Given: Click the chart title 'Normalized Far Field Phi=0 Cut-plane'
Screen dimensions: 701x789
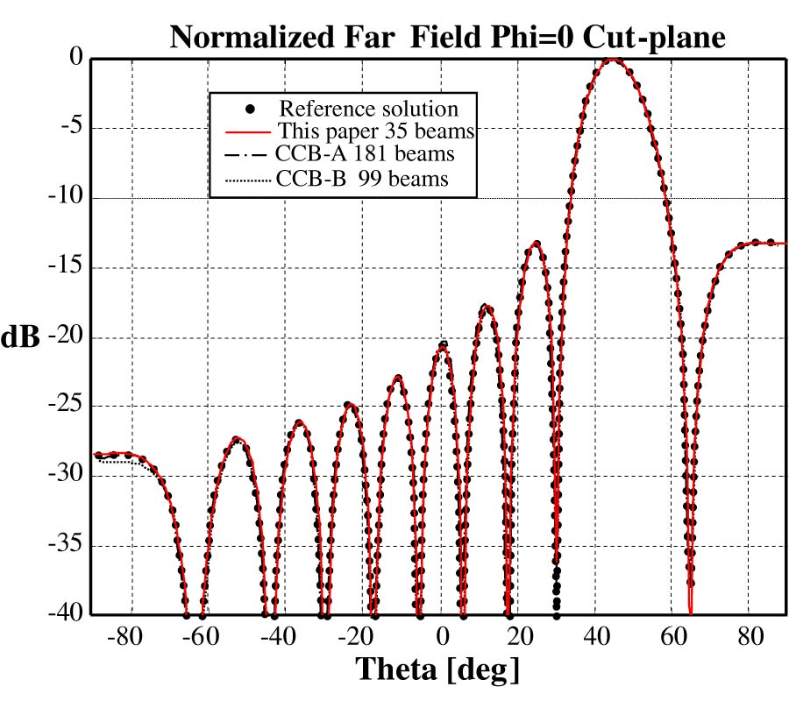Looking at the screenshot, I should pyautogui.click(x=447, y=37).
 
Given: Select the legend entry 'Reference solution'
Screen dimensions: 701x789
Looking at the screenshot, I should pyautogui.click(x=368, y=110).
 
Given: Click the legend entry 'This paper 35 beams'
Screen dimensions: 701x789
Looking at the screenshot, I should pyautogui.click(x=376, y=132).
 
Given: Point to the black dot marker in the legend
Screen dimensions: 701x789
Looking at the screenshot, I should pyautogui.click(x=250, y=110).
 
